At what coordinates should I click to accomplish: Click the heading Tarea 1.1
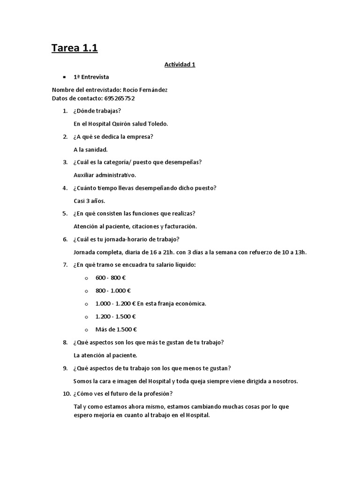tap(75, 48)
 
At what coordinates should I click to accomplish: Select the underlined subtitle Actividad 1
tap(180, 65)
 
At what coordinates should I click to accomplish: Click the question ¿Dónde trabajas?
tap(97, 111)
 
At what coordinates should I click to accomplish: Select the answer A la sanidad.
tap(91, 150)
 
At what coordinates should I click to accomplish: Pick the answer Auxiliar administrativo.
tap(105, 175)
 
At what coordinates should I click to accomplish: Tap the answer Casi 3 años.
tap(90, 201)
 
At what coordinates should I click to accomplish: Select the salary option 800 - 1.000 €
tap(113, 290)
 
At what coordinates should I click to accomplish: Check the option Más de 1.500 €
tap(116, 329)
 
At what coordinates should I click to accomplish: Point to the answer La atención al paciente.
tap(105, 355)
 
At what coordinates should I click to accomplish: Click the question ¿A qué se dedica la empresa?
tap(113, 136)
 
